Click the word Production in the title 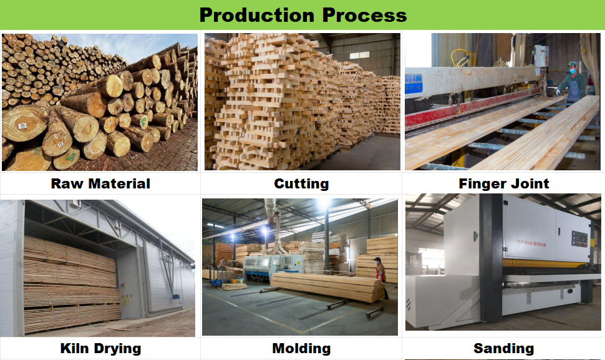[257, 15]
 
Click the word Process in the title [365, 15]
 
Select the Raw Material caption [100, 183]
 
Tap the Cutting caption [301, 183]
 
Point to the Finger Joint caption [503, 183]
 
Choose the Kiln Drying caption [100, 348]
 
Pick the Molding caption [301, 348]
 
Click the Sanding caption [503, 348]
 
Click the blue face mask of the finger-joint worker [572, 71]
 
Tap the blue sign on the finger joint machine [414, 84]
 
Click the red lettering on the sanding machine [531, 243]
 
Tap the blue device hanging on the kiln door [175, 297]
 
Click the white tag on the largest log [22, 126]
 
